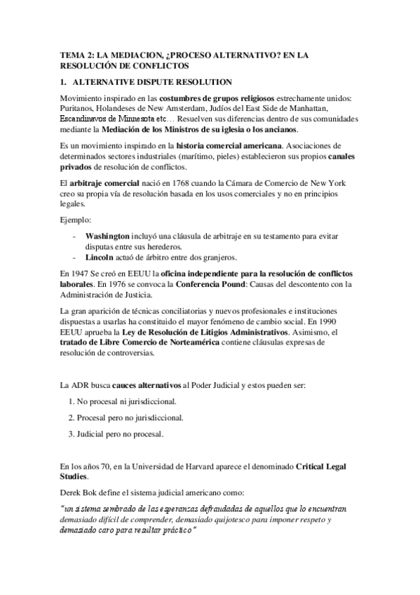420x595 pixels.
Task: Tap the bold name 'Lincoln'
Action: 100,256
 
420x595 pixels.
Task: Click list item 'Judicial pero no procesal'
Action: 120,434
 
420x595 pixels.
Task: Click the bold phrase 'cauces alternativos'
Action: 147,385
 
